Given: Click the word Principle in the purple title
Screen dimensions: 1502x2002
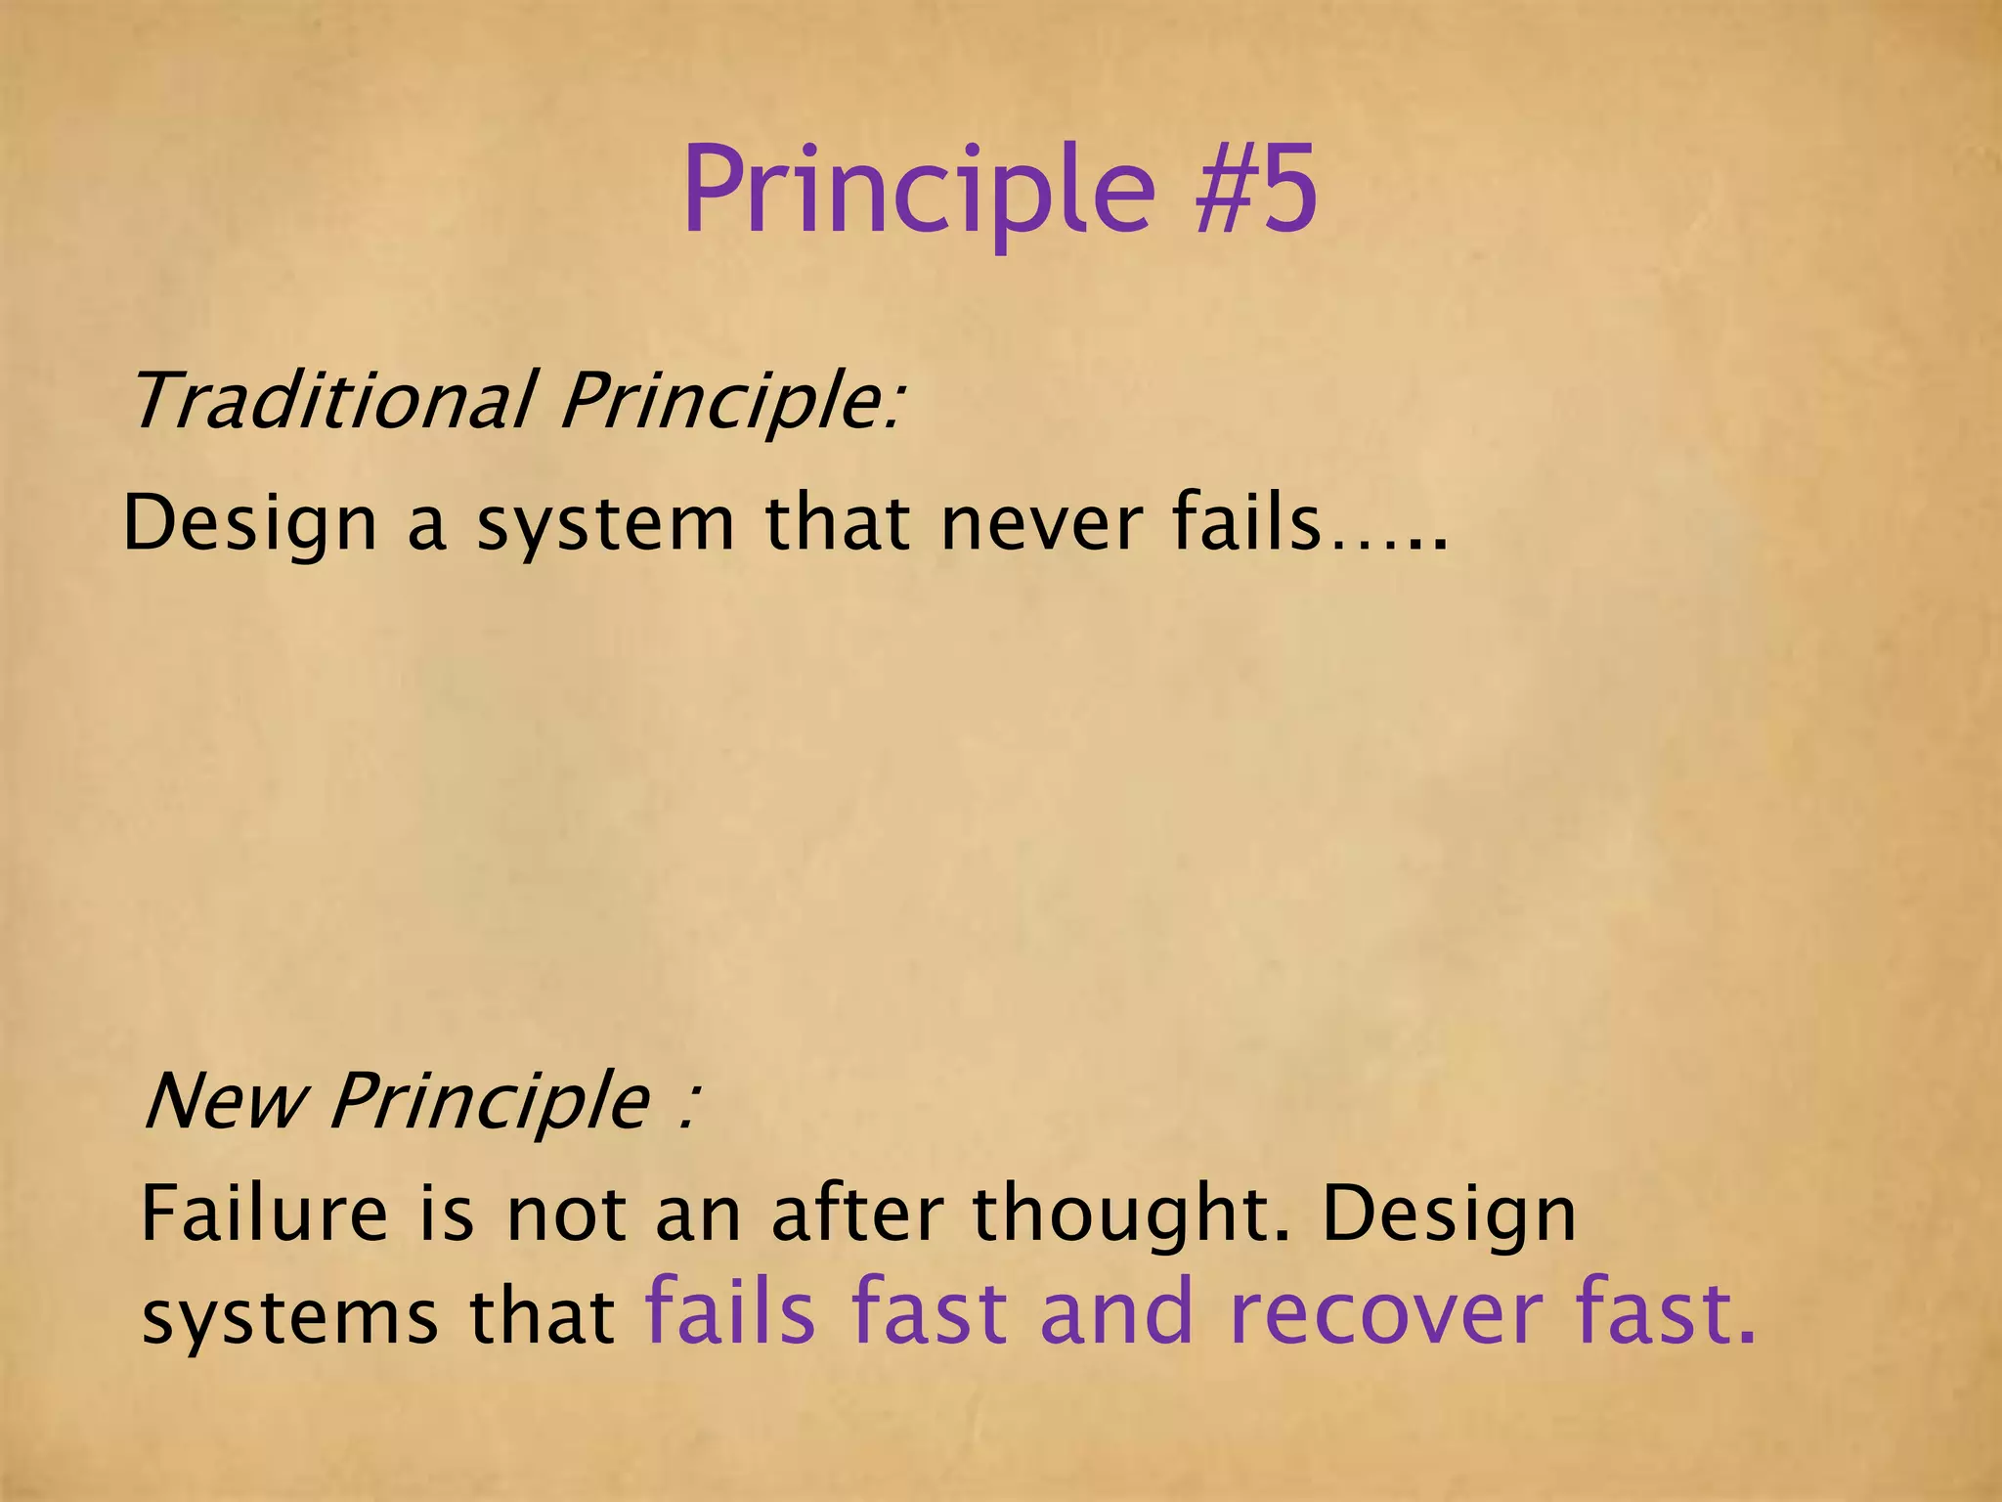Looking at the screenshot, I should [918, 191].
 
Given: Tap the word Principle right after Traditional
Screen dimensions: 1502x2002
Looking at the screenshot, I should [728, 402].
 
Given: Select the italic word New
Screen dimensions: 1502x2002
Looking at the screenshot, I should [224, 1100].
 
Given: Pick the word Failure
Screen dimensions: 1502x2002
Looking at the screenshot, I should [264, 1214].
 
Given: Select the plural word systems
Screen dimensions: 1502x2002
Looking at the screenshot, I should [287, 1318].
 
